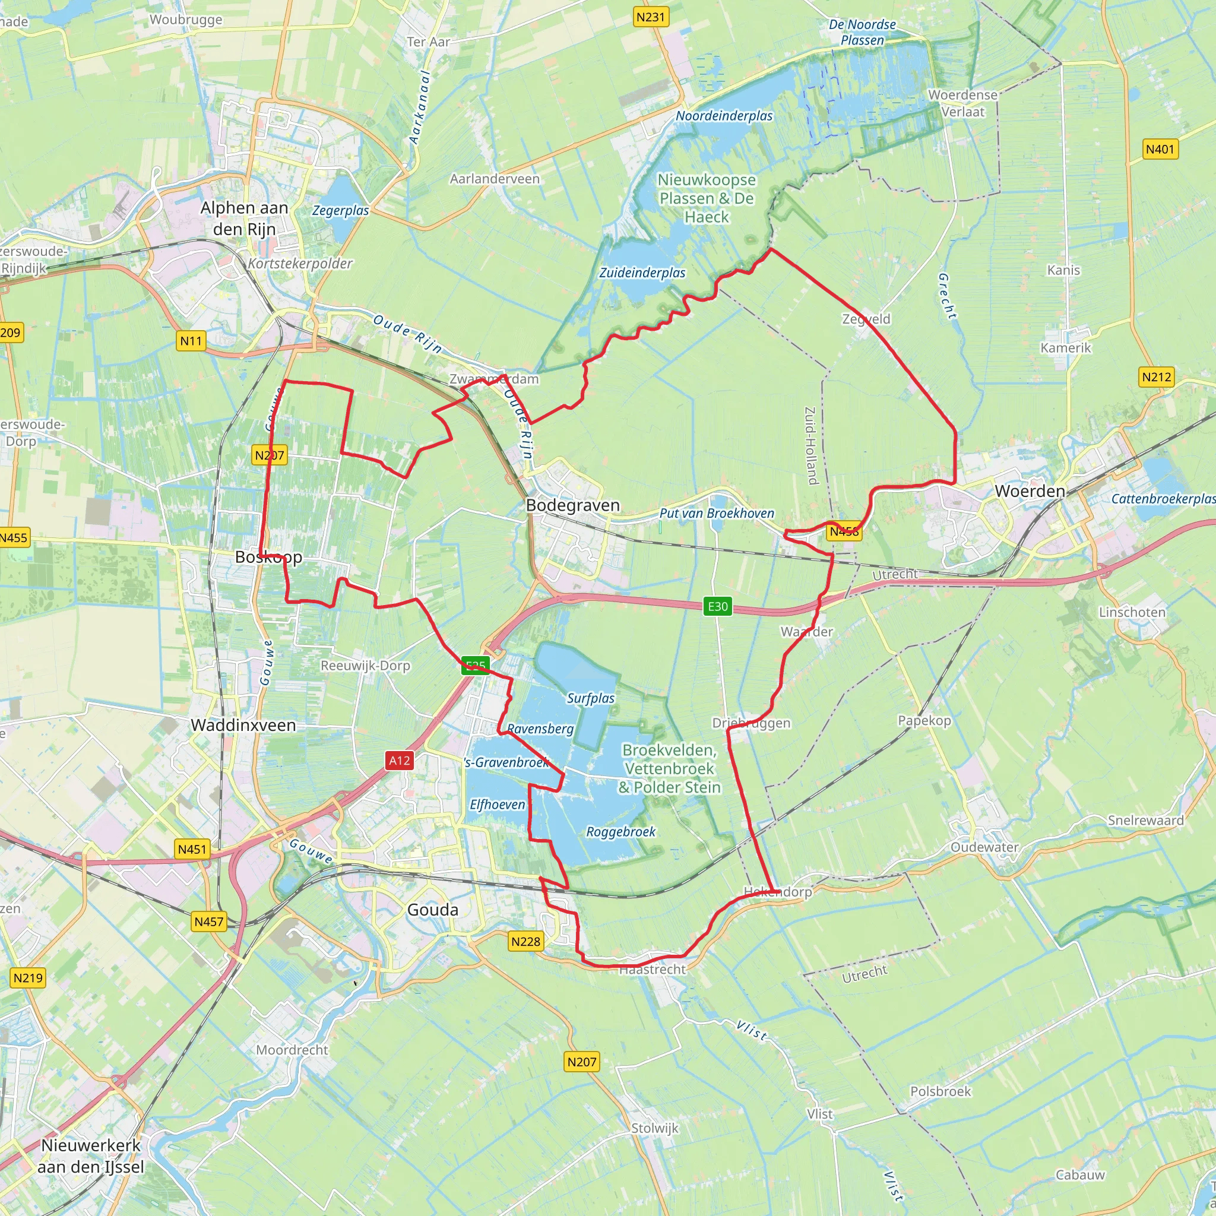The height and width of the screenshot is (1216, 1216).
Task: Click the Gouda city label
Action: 432,910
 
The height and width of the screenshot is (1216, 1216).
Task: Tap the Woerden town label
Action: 1030,491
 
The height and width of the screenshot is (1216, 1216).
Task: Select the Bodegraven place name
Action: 573,505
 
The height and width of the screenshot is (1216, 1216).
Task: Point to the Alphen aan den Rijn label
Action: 244,218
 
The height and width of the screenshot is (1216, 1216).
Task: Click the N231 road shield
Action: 650,17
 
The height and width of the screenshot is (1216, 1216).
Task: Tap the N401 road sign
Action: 1160,149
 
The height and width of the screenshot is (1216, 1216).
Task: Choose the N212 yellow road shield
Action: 1156,377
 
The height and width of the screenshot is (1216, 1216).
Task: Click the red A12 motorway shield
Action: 399,761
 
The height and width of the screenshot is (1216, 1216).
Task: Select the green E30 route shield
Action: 717,607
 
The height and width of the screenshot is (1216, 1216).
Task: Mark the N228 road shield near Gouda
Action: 525,942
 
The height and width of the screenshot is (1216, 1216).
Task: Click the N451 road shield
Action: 192,849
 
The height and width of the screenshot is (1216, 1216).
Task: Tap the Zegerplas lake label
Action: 340,210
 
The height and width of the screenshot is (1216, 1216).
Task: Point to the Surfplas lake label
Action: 590,698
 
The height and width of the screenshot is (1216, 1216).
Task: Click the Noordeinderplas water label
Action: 724,116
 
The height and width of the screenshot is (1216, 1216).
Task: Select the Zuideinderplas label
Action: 642,273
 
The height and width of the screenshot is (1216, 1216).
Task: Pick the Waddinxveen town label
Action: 243,725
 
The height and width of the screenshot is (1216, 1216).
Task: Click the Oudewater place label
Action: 984,847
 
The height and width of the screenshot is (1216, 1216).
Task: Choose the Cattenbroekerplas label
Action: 1163,499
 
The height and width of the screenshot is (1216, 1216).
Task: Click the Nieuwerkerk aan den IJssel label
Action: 91,1156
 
